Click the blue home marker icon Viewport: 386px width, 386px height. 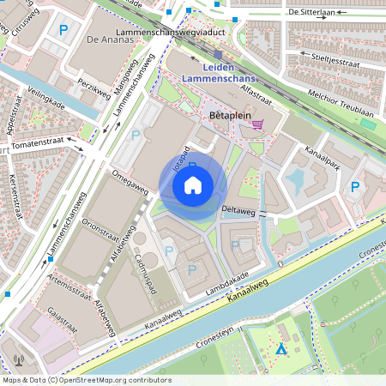coord(193,185)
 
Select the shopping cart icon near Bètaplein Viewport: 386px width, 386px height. coord(257,124)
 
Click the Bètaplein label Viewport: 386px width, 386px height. coord(228,113)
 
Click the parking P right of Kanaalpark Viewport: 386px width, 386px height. coord(354,187)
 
